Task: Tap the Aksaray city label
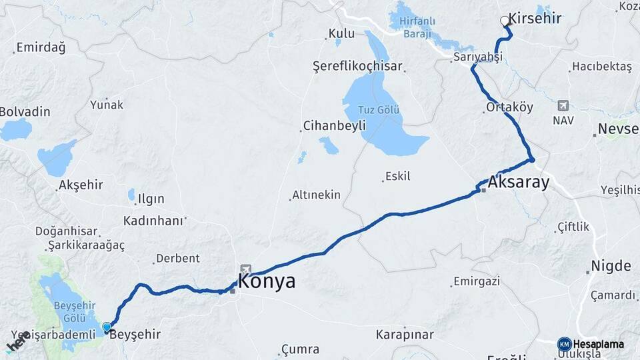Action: [x=518, y=182]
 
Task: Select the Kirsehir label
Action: [x=535, y=19]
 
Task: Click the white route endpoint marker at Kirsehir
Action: [x=505, y=21]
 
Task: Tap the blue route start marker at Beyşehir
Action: [x=107, y=327]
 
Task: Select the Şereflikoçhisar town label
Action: [x=357, y=66]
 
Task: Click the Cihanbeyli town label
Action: [x=335, y=125]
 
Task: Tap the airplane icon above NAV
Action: [x=563, y=105]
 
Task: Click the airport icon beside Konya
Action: [x=246, y=269]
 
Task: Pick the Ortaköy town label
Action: [x=510, y=107]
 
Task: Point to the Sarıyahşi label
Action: [x=477, y=57]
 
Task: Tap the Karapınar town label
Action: [x=405, y=334]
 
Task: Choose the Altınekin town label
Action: [x=316, y=195]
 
